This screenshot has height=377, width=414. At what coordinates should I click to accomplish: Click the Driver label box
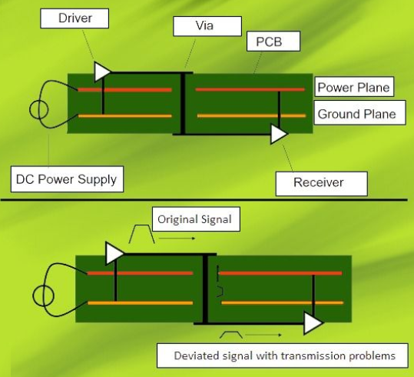(x=75, y=18)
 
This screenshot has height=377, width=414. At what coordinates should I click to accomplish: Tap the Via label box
(x=207, y=26)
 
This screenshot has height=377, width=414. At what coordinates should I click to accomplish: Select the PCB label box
(x=273, y=42)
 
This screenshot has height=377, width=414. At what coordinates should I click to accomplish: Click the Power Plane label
(x=354, y=87)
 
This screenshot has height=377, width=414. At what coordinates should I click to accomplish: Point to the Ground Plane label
(x=359, y=112)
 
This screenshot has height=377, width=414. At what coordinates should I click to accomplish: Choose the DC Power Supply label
(x=67, y=179)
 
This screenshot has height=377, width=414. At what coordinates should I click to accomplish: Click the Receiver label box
(x=321, y=184)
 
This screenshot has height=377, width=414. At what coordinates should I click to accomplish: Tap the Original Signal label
(x=196, y=219)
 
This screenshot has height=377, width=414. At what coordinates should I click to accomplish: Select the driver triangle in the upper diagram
(x=101, y=72)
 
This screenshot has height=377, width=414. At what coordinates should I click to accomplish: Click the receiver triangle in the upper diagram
(x=278, y=134)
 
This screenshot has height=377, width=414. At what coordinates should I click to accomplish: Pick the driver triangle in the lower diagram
(x=113, y=253)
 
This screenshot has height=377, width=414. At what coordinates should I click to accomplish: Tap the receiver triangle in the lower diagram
(x=312, y=323)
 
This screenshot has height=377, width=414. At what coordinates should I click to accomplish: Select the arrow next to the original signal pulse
(x=177, y=239)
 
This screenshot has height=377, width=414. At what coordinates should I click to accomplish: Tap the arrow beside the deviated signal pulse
(x=263, y=335)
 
